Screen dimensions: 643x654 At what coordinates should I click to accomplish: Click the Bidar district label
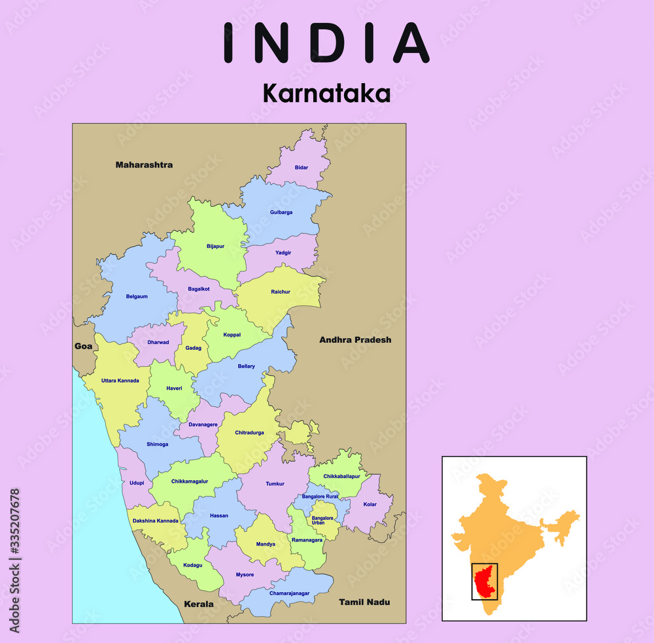coord(301,167)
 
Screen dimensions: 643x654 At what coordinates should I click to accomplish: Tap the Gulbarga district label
coord(281,213)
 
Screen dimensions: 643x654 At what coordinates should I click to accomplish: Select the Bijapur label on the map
coord(215,247)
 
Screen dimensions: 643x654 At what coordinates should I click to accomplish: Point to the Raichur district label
coord(281,292)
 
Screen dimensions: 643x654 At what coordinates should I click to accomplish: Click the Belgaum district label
coord(137,296)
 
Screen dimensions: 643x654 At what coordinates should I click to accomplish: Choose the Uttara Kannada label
coord(120,380)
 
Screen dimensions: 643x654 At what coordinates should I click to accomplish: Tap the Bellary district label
coord(247,366)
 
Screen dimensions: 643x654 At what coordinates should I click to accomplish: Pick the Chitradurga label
coord(249,433)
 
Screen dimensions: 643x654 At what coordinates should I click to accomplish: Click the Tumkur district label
coord(275,484)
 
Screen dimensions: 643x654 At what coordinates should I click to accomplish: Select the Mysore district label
coord(245,574)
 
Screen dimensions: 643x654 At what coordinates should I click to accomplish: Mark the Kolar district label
coord(370,504)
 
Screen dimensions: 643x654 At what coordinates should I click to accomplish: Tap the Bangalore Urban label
coord(322,520)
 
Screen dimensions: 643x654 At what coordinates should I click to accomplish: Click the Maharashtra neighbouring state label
coord(144,165)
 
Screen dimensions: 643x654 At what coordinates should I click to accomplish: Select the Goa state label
coord(83,346)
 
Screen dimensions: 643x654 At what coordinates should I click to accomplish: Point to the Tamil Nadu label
coord(364,602)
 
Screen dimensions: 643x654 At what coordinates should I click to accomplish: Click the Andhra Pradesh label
coord(355,339)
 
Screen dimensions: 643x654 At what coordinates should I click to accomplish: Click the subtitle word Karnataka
coord(326,94)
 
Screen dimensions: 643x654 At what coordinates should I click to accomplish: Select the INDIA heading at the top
coord(326,43)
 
